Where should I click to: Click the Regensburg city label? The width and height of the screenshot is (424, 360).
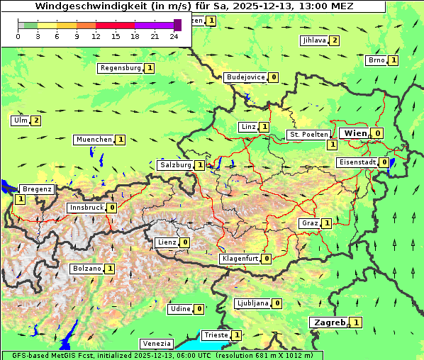point(121,68)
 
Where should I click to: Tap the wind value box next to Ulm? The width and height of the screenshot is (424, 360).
point(36,120)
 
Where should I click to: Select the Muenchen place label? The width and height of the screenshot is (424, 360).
point(94,140)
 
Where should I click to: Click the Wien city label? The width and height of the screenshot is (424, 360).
point(355,133)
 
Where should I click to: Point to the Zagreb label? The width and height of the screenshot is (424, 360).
point(329,322)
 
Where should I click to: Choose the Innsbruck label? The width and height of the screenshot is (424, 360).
point(86,208)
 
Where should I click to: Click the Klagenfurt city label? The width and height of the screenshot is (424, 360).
point(240,259)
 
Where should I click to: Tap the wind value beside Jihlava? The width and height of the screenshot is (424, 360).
point(334,40)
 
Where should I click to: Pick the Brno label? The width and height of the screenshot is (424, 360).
point(376,60)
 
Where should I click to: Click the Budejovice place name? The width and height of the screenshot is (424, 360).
point(246,77)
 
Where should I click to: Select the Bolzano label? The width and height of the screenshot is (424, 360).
point(87,269)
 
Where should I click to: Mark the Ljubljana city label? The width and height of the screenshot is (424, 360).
point(252,303)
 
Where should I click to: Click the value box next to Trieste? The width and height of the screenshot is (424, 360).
point(237,335)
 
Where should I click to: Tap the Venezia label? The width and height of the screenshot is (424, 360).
point(156,344)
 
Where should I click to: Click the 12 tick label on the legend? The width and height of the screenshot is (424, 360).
point(96,36)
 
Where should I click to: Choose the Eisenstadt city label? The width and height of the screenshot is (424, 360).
point(357,162)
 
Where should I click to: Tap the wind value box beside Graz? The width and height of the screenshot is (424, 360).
point(326,223)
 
